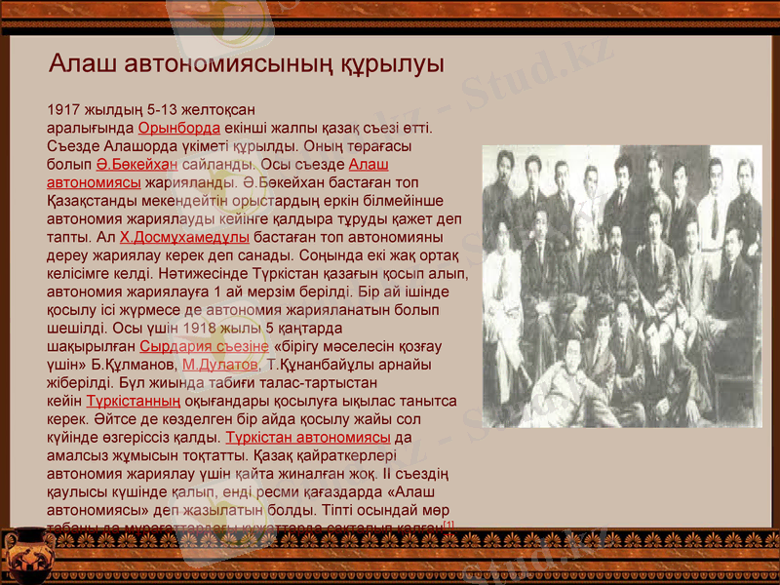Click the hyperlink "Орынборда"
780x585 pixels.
[178, 128]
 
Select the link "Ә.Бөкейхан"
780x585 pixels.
[136, 164]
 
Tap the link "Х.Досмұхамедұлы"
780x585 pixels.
[184, 237]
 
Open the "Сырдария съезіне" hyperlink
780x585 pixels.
[204, 346]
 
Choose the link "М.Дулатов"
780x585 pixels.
[219, 365]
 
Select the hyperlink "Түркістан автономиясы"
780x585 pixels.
[308, 437]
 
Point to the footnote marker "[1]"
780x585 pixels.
[448, 525]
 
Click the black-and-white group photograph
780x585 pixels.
[622, 287]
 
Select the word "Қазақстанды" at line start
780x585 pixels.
[93, 200]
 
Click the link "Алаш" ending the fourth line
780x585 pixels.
[369, 164]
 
